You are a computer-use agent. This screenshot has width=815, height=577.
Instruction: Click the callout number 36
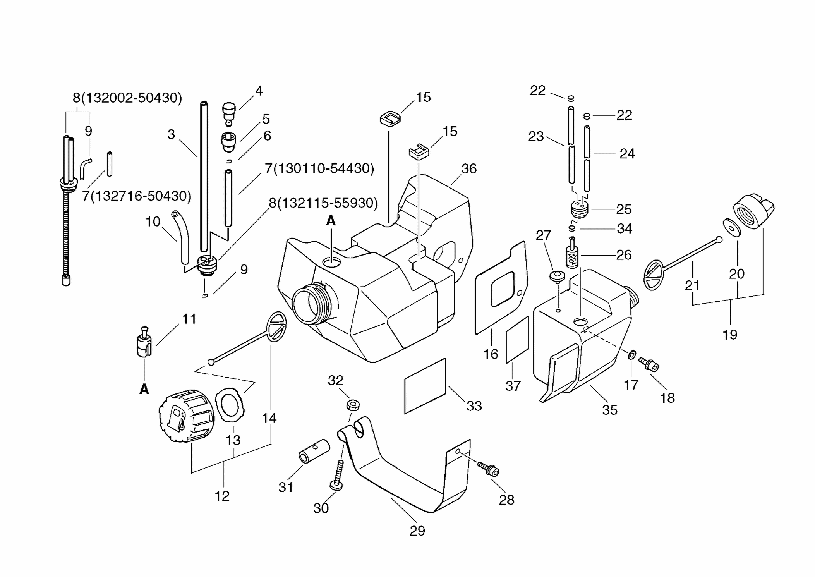469,168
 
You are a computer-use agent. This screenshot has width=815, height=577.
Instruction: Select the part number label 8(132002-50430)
127,98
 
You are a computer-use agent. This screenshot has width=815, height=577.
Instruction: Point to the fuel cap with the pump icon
187,416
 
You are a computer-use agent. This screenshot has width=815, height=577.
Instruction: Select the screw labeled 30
338,475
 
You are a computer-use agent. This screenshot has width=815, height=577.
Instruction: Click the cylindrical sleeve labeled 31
314,451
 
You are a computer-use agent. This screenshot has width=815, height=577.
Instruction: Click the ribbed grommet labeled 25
580,209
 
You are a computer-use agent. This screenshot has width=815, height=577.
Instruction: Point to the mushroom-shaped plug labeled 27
557,278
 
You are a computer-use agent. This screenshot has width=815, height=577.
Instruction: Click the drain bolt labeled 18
649,364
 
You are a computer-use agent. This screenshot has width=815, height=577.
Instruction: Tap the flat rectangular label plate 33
425,386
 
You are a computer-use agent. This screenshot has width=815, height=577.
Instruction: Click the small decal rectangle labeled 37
518,340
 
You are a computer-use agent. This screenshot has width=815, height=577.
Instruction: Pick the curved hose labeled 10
181,237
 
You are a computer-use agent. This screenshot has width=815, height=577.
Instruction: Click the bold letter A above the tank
331,221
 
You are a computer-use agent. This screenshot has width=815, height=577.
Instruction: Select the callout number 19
730,335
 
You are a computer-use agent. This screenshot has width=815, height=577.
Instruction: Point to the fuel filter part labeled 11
144,342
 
